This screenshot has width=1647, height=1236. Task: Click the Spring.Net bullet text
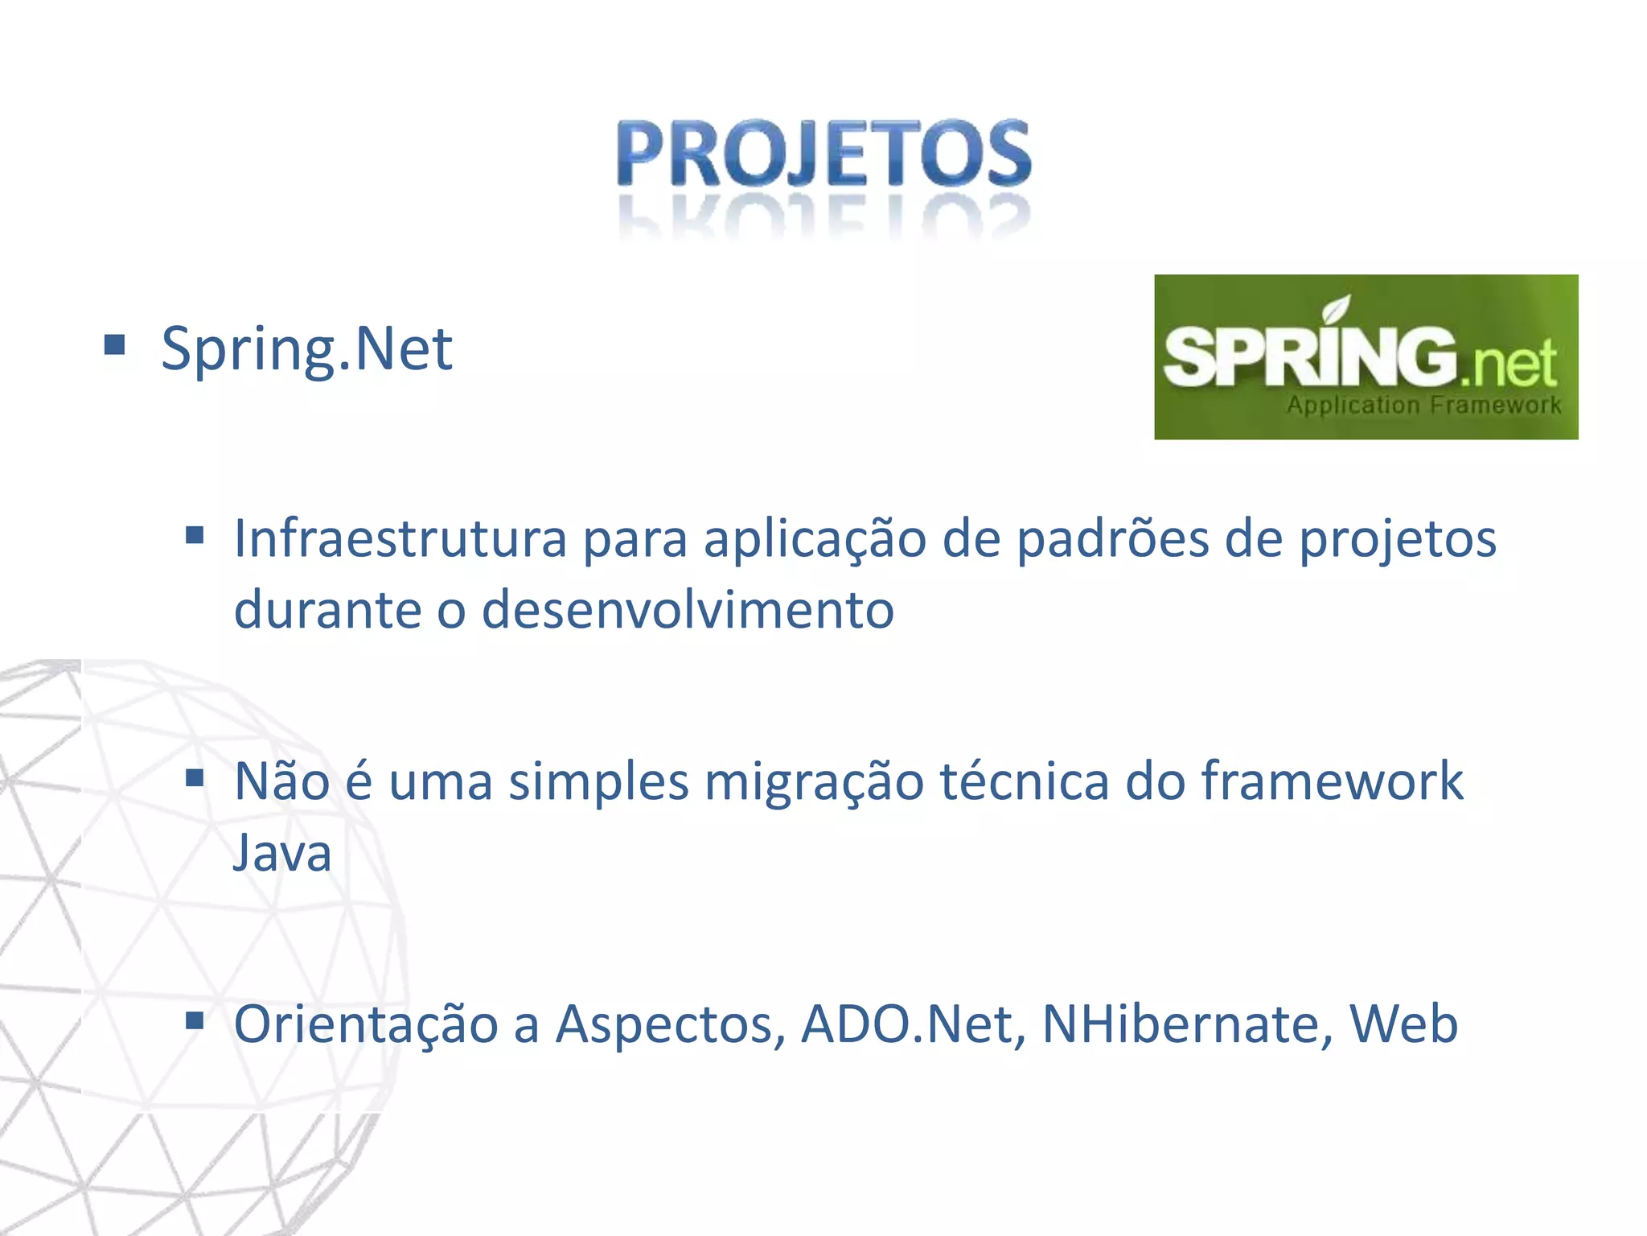(x=306, y=348)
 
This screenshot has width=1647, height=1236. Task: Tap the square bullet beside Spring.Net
(x=115, y=345)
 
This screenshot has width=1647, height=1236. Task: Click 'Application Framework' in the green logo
(x=1423, y=405)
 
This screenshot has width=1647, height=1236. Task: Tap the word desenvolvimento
(x=688, y=609)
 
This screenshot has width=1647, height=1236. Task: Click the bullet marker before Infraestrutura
(x=195, y=535)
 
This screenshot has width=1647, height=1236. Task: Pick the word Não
(x=281, y=781)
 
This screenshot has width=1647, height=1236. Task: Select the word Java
(x=282, y=852)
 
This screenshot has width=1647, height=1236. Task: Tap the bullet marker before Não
(x=195, y=778)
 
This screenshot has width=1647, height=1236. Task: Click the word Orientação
(x=366, y=1025)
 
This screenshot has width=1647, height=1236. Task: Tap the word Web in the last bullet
(x=1403, y=1024)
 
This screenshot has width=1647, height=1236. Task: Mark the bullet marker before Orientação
(x=195, y=1021)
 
